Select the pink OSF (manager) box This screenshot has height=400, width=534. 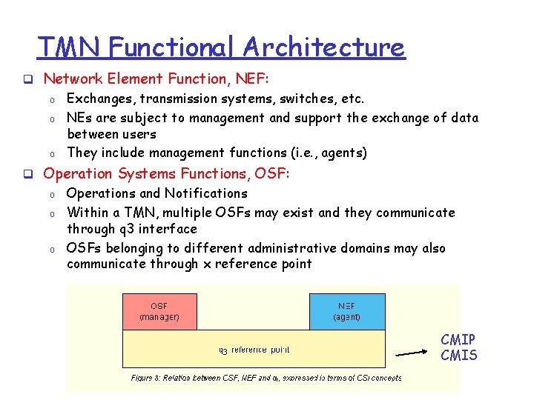pos(159,311)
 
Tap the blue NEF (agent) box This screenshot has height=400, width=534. pos(347,311)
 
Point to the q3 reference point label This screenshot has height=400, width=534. pos(254,350)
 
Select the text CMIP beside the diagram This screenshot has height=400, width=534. pos(458,340)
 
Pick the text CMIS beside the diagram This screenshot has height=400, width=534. pos(458,356)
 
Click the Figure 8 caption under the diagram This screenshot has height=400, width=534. pos(266,378)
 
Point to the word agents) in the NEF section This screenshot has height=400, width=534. pos(341,153)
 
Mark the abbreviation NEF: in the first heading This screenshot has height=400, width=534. pos(246,78)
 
